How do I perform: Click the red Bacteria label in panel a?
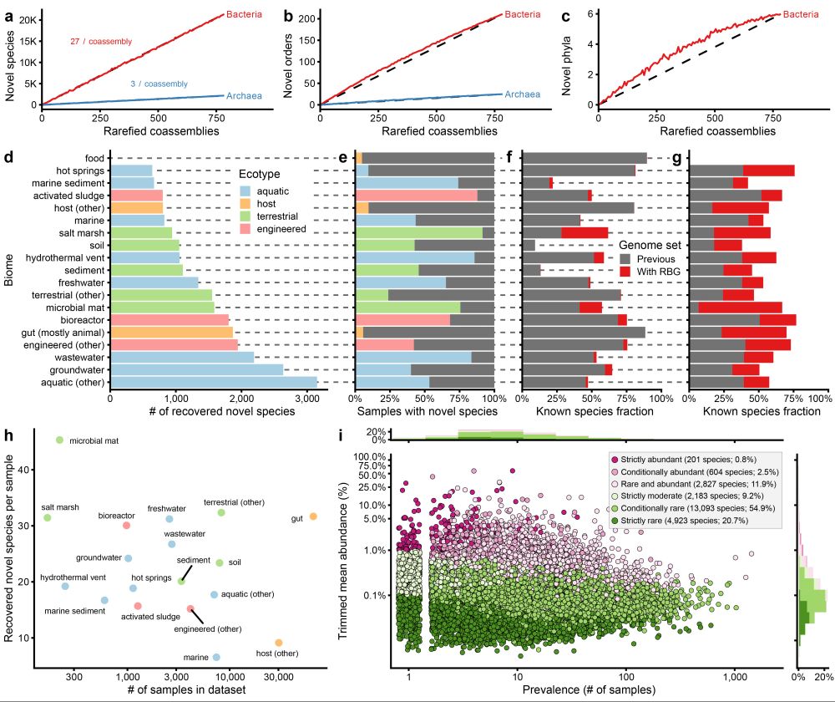(245, 14)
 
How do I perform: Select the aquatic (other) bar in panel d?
(214, 382)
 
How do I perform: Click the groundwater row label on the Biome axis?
(77, 369)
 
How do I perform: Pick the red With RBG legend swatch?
(625, 272)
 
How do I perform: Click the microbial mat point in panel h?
(59, 440)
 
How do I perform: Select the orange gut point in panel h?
(313, 516)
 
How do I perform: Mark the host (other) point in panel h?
(278, 643)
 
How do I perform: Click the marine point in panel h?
(216, 658)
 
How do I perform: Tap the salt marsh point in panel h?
(48, 517)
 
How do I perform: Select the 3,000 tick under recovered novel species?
(306, 399)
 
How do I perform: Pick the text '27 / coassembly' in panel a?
(100, 41)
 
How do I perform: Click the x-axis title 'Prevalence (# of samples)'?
(590, 690)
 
